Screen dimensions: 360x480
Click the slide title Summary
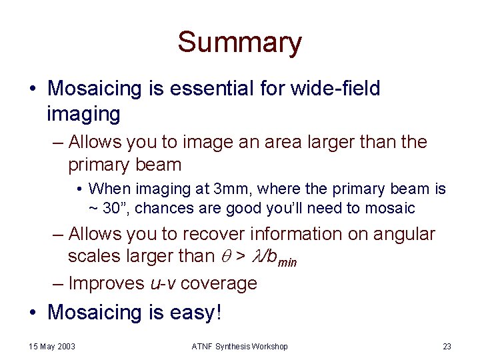tap(239, 42)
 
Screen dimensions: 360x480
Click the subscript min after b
tap(287, 262)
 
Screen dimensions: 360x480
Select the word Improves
tap(105, 283)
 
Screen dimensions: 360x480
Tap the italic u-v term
tap(163, 283)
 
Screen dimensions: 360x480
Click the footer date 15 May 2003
tap(52, 347)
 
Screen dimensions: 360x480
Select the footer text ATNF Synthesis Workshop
tap(239, 347)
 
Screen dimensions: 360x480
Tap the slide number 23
tap(447, 347)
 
